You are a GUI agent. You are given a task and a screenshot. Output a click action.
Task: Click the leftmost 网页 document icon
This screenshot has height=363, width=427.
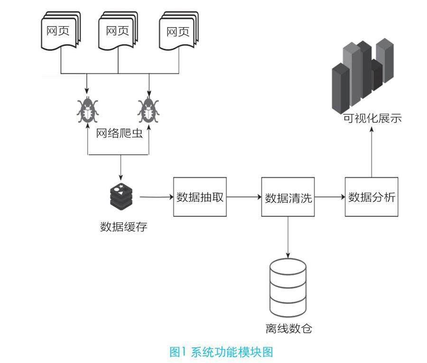(61, 31)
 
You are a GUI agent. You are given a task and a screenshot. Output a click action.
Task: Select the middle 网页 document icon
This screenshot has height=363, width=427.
(118, 31)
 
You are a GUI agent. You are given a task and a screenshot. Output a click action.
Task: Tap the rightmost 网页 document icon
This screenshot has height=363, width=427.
(179, 31)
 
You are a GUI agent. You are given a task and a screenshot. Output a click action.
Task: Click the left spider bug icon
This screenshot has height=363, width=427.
(87, 110)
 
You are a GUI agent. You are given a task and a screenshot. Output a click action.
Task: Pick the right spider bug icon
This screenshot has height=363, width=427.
(149, 110)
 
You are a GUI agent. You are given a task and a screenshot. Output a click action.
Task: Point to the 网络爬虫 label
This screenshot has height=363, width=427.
(119, 133)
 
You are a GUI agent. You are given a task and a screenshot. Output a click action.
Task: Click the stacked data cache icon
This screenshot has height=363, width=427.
(121, 195)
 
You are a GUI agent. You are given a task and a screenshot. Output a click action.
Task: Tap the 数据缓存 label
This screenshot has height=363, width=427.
(124, 227)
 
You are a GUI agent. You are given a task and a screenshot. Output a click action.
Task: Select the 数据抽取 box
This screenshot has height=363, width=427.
(200, 197)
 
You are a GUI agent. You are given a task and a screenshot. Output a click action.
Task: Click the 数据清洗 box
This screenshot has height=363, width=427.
(288, 197)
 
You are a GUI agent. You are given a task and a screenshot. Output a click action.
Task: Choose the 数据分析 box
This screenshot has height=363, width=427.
(371, 197)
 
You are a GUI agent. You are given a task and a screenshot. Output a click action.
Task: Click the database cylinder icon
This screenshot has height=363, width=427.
(288, 288)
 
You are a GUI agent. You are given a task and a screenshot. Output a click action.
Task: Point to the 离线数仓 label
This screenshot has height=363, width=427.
(288, 328)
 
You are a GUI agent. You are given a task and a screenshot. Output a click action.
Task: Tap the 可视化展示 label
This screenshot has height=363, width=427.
(372, 118)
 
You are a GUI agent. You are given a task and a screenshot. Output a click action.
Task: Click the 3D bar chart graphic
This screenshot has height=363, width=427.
(363, 76)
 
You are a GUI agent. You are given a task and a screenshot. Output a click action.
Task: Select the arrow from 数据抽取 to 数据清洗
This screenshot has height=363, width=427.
(244, 197)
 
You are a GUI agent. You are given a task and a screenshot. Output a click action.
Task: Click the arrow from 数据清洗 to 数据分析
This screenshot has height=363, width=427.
(330, 197)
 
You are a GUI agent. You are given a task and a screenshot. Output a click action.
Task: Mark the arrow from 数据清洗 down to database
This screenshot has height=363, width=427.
(288, 237)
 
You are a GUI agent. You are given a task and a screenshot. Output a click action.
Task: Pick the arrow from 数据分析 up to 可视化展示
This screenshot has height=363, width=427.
(371, 152)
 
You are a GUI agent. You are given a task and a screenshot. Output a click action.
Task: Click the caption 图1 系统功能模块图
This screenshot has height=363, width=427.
(221, 352)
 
